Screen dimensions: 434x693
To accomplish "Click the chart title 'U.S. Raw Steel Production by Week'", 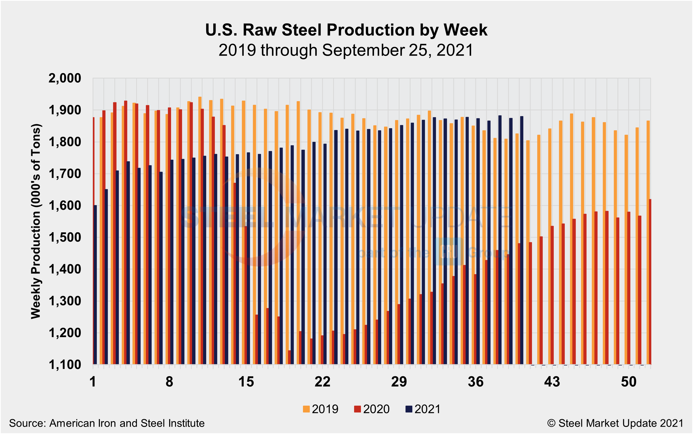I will tap(346, 30).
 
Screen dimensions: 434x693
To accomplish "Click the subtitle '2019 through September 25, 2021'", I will tap(346, 50).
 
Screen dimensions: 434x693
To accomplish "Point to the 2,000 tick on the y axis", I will tap(65, 78).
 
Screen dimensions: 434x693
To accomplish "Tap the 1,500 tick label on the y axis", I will tap(65, 237).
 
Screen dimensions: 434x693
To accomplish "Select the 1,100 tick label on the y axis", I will tap(65, 365).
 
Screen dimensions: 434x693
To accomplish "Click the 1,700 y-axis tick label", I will tap(65, 174).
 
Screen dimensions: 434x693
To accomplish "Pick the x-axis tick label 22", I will tap(322, 382).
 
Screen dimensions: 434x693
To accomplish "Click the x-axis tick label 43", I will tap(552, 382).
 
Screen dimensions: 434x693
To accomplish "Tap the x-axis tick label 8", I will tap(169, 382).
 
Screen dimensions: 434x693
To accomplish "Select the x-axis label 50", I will tap(628, 382).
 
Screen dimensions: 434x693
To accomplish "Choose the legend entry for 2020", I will tap(372, 409).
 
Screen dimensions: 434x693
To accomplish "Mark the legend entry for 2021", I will tap(423, 409).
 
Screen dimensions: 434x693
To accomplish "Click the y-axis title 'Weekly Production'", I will tap(36, 221).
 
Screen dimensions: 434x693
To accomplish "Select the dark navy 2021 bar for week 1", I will tap(95, 284).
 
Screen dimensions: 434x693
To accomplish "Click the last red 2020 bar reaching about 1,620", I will tap(650, 281).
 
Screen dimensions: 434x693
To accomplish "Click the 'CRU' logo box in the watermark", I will tap(449, 251).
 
